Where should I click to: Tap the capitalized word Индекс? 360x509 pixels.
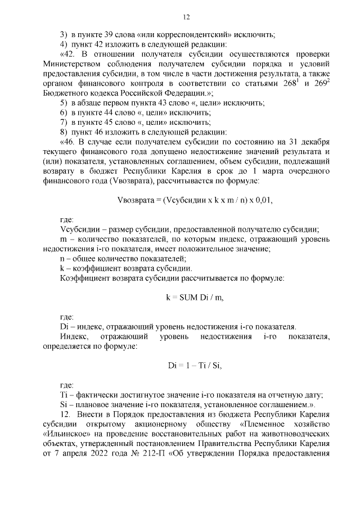(x=74, y=336)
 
